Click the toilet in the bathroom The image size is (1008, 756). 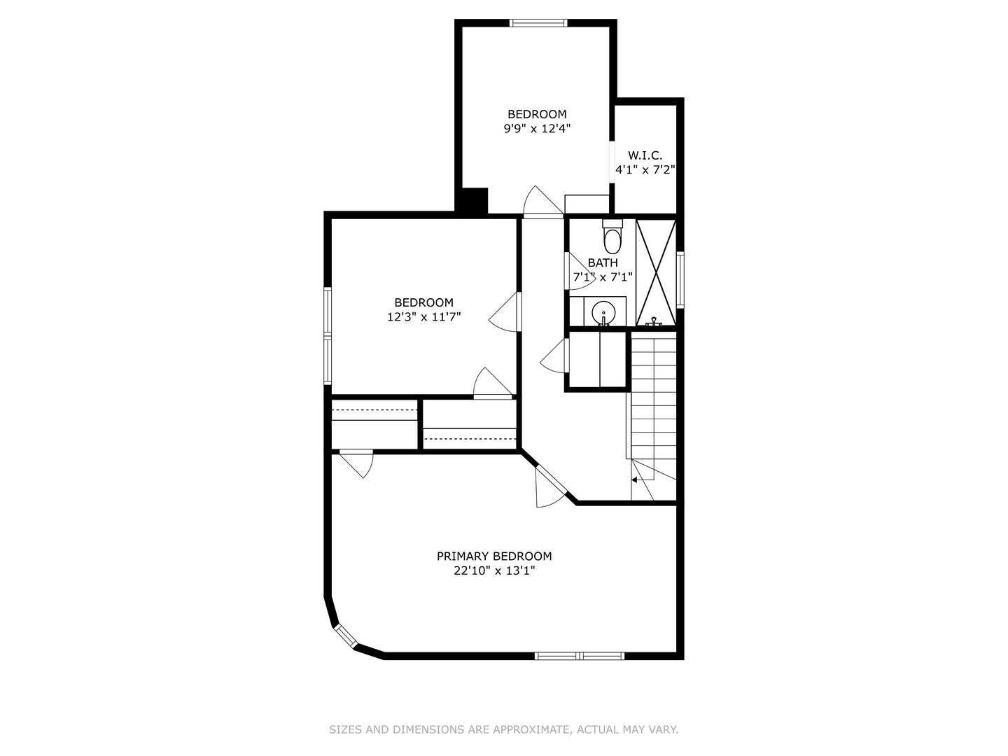[x=612, y=237]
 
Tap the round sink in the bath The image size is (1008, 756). [x=603, y=313]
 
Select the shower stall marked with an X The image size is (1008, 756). [x=656, y=273]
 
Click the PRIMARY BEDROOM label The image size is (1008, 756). [x=494, y=556]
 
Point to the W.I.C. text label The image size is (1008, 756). [x=645, y=155]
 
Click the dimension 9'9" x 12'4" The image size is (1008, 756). [x=538, y=129]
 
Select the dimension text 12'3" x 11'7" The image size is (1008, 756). [x=424, y=316]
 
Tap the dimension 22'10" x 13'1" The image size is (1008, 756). [x=495, y=570]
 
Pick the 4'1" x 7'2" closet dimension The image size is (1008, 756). [x=645, y=170]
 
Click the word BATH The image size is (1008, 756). [x=603, y=263]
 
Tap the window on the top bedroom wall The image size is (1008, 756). [x=538, y=23]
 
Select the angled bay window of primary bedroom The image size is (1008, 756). [x=345, y=636]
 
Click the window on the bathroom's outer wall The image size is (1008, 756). [x=680, y=279]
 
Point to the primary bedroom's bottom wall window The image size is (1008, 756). [x=580, y=656]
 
